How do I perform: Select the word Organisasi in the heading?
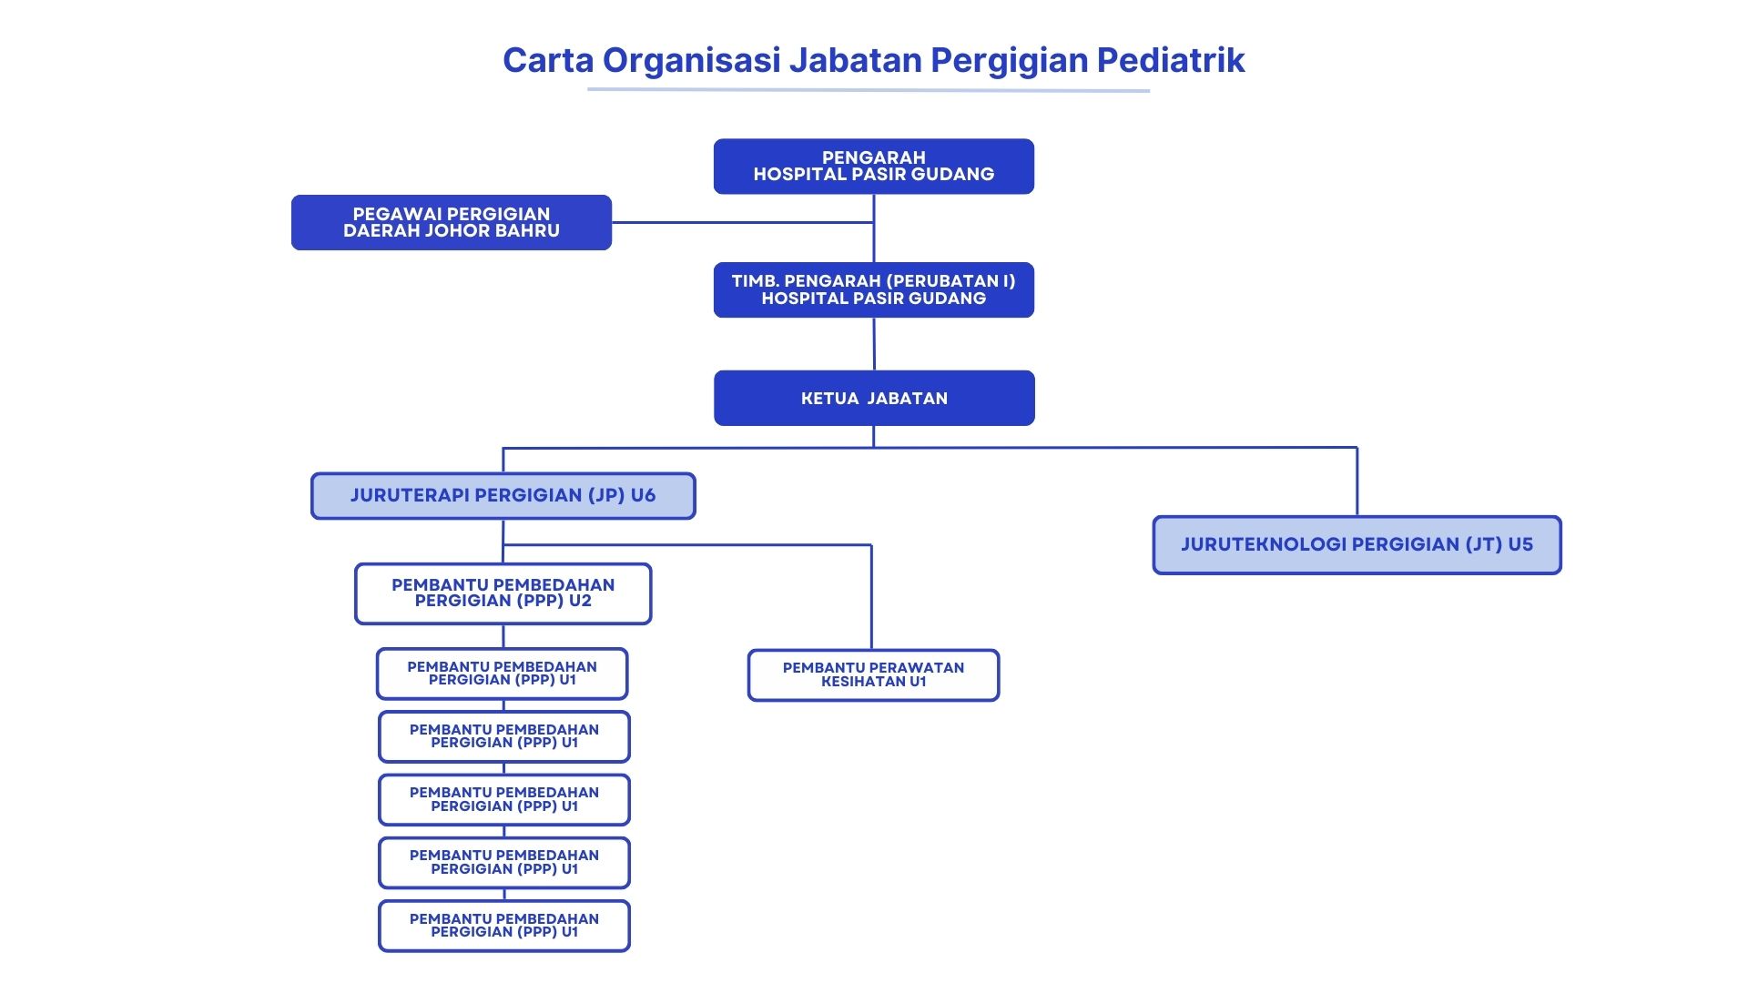[x=691, y=60]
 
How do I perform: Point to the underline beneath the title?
[x=869, y=90]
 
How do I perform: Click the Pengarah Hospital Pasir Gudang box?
[x=873, y=167]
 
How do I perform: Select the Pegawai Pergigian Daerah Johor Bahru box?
[x=451, y=222]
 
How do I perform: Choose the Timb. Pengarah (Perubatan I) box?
[x=873, y=289]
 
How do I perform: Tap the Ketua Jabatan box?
[x=874, y=398]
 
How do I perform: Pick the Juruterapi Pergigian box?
[x=503, y=496]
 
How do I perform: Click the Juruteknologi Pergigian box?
[x=1357, y=545]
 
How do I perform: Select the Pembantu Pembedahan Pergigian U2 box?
[x=503, y=593]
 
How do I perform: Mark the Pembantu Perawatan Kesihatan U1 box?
[x=873, y=675]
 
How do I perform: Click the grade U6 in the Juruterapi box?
[x=643, y=496]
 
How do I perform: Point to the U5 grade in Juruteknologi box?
[x=1520, y=545]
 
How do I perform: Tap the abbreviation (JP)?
[x=606, y=496]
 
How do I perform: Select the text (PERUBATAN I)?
[x=950, y=281]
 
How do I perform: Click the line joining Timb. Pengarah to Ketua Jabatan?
[x=874, y=344]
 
